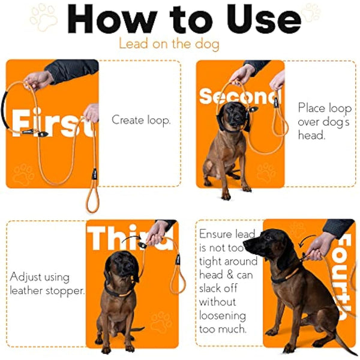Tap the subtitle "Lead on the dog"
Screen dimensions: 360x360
point(169,44)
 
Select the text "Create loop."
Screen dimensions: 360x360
point(141,120)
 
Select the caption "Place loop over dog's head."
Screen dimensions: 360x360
point(325,122)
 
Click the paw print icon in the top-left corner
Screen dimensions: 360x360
point(43,17)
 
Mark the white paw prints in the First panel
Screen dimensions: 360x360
point(24,174)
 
